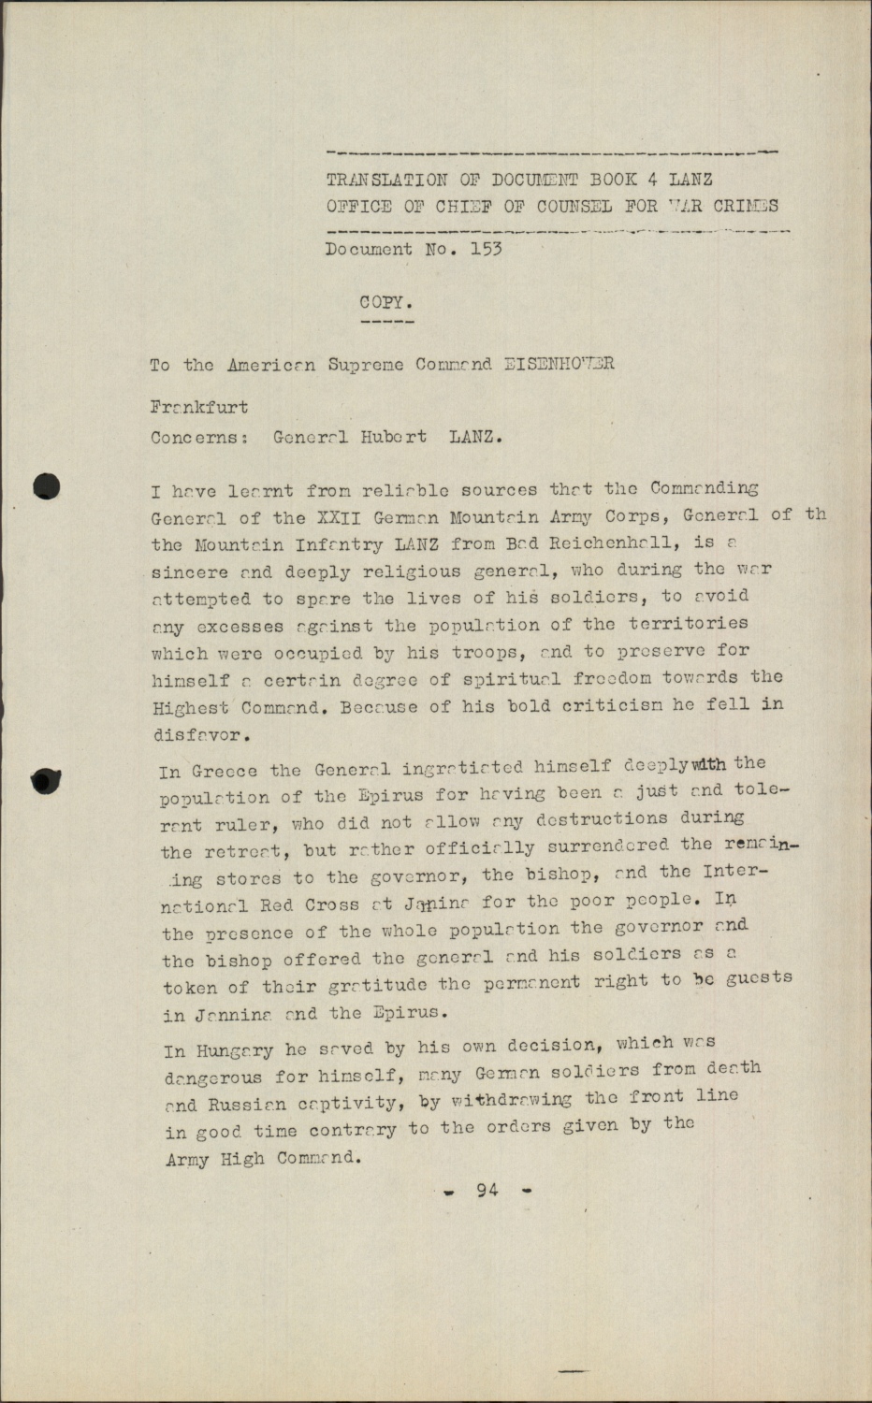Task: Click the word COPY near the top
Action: coord(385,302)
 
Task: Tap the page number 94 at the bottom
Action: coord(487,1190)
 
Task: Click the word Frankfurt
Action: coord(198,408)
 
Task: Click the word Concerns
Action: coord(198,437)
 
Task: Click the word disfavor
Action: coord(198,735)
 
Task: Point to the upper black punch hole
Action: coord(46,486)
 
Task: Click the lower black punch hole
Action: coord(46,779)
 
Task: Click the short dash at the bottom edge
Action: coord(573,1371)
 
